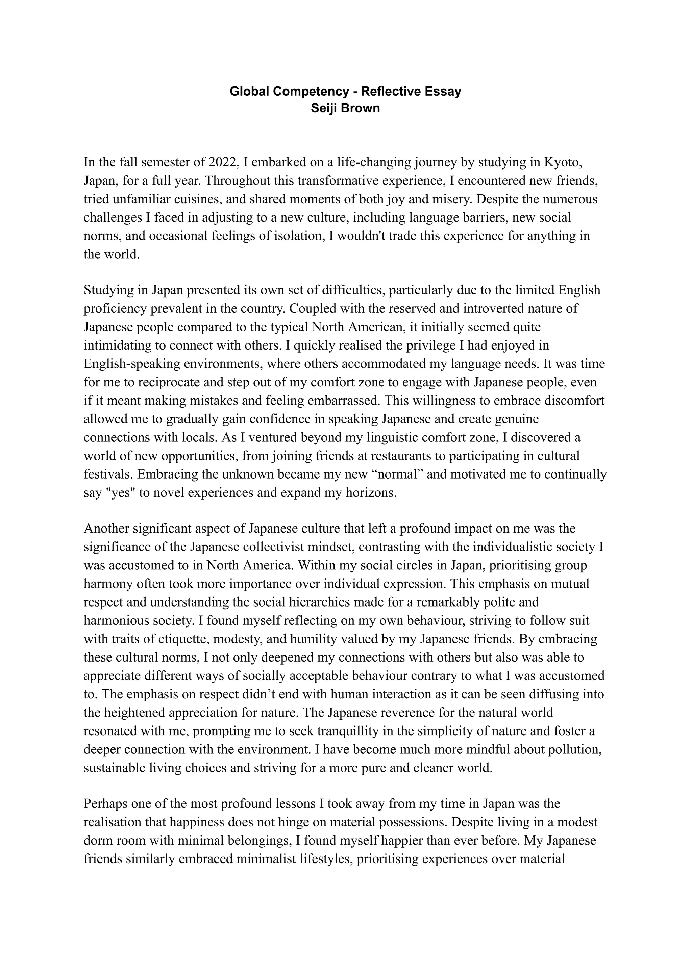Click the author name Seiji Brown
click(345, 108)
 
